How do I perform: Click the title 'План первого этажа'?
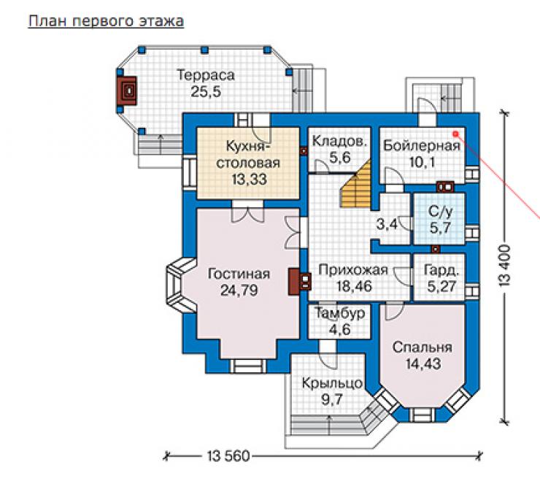point(106,21)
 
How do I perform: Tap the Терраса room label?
point(206,75)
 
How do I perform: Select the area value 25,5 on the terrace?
point(206,92)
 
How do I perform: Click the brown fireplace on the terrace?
point(127,91)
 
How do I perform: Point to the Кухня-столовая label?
point(248,154)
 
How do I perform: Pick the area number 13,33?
point(250,180)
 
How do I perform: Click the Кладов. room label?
point(339,141)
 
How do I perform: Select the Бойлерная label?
point(422,146)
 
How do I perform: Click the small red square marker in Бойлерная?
point(455,134)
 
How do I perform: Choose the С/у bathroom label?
point(441,212)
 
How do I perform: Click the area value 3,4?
point(387,225)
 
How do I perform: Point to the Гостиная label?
point(239,274)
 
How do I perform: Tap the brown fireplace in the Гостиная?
point(300,282)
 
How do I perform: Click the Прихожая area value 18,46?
point(355,286)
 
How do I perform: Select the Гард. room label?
point(441,270)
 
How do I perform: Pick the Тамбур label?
point(340,313)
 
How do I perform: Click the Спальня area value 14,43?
point(423,364)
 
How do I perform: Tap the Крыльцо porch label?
point(332,383)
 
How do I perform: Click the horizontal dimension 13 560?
point(228,456)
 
